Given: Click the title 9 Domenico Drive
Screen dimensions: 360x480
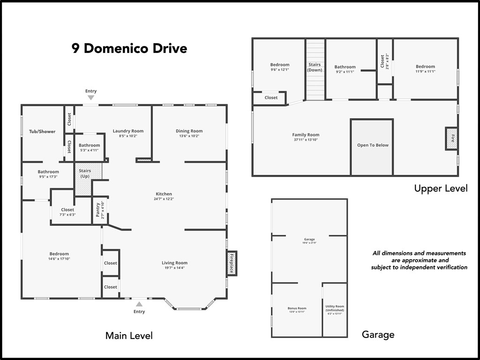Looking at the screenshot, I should pos(129,48).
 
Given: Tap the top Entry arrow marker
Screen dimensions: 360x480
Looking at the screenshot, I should pos(91,97).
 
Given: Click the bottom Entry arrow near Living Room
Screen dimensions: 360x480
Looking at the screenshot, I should pos(139,304).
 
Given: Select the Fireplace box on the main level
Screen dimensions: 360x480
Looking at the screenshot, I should pos(232,263).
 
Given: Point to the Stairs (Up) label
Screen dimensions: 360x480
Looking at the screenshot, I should pos(85,173).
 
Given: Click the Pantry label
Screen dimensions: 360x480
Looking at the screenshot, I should pos(98,210).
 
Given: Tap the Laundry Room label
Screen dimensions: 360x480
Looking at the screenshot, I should pos(128,131).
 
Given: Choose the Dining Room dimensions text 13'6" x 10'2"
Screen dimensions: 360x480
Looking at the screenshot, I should pos(189,136).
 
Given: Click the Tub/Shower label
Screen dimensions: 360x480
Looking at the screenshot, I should pos(42,132).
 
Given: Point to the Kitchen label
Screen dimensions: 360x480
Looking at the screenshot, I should pos(164,194).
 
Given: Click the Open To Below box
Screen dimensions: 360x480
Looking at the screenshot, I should pos(373,145).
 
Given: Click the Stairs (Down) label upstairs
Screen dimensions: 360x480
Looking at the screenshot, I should pos(315,67).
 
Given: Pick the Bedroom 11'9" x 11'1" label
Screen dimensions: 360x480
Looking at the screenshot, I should pos(425,67).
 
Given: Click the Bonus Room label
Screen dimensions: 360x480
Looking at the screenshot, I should pos(297,308).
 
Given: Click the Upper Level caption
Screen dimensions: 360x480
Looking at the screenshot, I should pos(441,188).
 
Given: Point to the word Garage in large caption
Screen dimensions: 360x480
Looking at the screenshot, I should pos(378,335).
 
